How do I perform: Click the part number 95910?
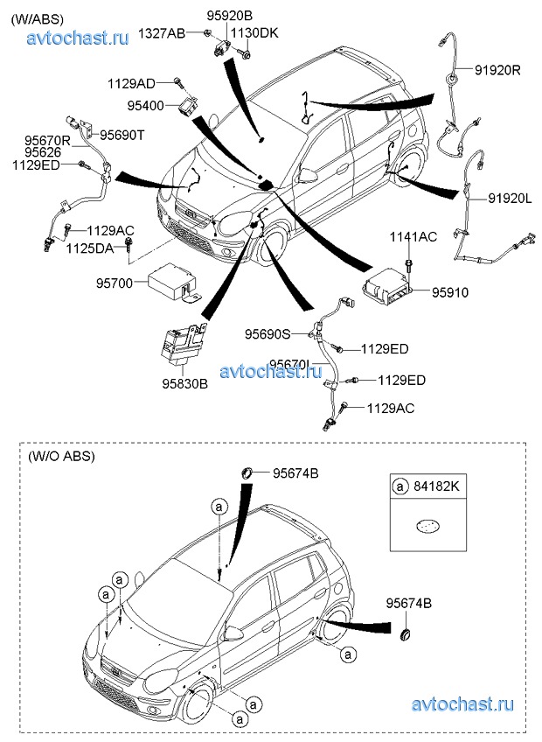point(449,291)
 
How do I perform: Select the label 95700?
point(115,283)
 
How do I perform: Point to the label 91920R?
point(497,69)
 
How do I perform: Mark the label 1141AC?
point(413,237)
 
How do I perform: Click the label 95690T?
point(122,135)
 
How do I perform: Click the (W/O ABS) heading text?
point(61,456)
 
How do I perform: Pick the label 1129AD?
point(131,83)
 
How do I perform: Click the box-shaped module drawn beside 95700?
point(171,281)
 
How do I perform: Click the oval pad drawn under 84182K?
point(427,527)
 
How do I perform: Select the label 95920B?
point(230,16)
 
